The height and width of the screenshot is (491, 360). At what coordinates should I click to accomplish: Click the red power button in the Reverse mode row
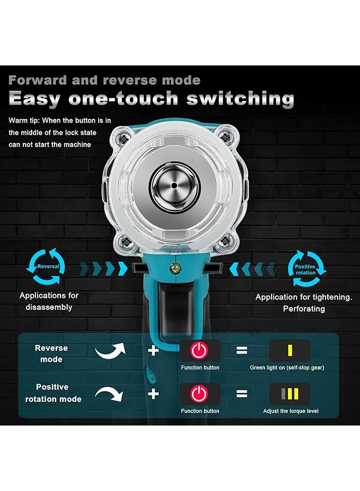click(x=200, y=350)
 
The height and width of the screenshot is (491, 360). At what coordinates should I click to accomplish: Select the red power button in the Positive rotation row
click(x=200, y=393)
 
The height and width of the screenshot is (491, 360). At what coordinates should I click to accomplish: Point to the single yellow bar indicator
click(x=290, y=350)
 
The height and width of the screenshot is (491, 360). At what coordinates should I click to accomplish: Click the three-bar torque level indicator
click(x=290, y=393)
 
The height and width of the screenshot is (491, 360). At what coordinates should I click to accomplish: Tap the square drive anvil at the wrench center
click(x=175, y=185)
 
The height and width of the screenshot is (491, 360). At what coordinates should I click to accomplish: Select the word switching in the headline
click(x=240, y=99)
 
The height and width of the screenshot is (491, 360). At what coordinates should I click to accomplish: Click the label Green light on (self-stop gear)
click(x=287, y=368)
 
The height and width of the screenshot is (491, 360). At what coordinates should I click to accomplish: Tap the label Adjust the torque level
click(x=290, y=411)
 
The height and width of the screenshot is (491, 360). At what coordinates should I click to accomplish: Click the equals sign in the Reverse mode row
click(x=241, y=350)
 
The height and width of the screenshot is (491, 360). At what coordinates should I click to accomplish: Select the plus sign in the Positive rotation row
click(x=154, y=393)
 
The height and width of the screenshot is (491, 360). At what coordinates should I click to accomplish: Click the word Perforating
click(x=304, y=309)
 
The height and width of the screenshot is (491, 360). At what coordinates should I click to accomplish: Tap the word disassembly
click(x=49, y=307)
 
